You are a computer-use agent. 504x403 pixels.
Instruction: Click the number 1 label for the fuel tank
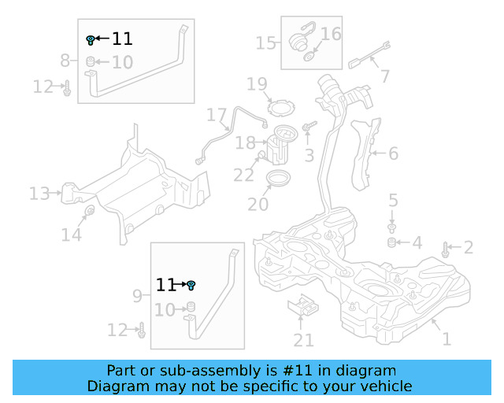coord(447,340)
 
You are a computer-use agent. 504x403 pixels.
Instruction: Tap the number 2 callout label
coord(469,249)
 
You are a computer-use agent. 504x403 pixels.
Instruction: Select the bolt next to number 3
coord(308,126)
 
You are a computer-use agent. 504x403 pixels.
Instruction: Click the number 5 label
coord(393,201)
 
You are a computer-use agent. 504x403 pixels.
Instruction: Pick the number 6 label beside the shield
coord(393,153)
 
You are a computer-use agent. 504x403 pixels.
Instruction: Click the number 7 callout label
coord(384,76)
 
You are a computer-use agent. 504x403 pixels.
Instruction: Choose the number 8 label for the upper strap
coord(65,60)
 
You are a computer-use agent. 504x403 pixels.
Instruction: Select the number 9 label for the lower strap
coord(137,297)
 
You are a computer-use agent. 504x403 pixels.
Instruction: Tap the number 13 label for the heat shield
coord(39,193)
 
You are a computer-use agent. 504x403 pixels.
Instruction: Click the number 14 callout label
coord(71,234)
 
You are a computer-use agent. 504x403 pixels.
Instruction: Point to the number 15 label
coord(265,43)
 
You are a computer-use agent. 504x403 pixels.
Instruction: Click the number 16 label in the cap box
coord(331,34)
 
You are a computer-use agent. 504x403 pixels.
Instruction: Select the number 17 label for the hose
coord(217,116)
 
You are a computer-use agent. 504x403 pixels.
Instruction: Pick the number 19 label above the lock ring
coord(258,84)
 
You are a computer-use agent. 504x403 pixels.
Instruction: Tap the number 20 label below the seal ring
coord(258,204)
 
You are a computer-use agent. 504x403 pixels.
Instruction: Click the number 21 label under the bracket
coord(304,340)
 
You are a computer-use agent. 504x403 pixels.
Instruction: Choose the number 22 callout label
coord(244,175)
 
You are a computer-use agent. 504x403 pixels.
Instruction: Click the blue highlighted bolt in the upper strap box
coord(91,39)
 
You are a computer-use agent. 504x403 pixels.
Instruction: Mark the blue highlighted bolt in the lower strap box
coord(191,285)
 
